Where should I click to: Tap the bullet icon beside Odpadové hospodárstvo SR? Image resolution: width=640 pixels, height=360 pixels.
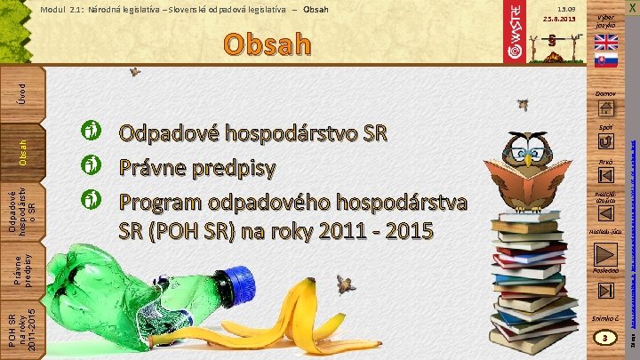[x=90, y=134]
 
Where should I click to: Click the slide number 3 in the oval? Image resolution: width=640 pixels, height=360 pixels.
[x=605, y=339]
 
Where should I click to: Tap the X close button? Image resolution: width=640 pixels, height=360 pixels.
[x=630, y=8]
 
